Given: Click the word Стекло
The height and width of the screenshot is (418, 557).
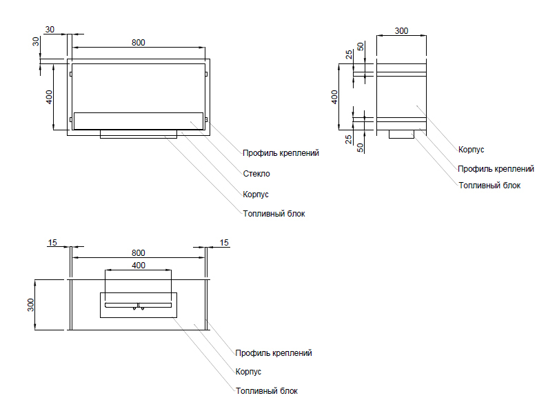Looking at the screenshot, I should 256,174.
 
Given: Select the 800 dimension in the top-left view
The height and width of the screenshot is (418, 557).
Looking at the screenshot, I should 138,43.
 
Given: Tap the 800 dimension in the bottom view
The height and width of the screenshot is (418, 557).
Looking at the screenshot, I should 138,252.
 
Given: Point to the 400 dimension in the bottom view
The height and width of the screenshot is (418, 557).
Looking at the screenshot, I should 138,266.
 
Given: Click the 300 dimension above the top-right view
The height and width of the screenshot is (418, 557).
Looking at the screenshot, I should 402,31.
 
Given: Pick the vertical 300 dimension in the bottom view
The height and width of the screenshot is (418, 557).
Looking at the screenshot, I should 30,305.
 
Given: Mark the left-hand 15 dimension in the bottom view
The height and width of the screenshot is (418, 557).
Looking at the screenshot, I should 52,242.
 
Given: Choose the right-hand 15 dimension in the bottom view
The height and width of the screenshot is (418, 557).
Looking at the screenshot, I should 223,242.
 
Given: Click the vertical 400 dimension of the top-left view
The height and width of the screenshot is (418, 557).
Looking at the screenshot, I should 49,97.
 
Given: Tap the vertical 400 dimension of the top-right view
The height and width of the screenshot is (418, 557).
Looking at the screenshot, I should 335,97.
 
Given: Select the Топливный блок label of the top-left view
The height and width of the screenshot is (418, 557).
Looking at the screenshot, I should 274,214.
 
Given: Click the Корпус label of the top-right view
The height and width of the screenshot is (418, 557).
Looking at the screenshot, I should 472,149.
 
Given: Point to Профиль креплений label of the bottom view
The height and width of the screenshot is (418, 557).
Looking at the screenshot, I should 274,353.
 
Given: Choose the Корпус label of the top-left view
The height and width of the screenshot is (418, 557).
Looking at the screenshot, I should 256,195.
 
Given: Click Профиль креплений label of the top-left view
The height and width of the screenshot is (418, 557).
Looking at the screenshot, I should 281,153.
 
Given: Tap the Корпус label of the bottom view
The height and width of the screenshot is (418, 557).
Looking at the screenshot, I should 248,372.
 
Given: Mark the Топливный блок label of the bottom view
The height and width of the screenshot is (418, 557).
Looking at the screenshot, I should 267,391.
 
